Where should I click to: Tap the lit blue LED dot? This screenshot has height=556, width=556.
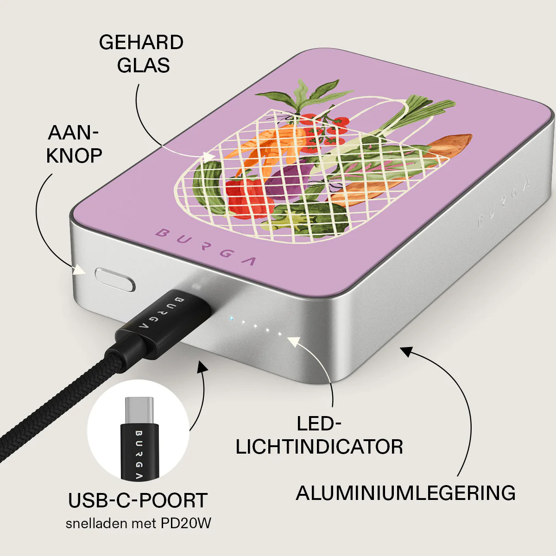tap(231, 318)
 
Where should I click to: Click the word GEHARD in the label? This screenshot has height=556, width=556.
tap(141, 43)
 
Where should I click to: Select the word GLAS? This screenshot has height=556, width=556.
tap(143, 65)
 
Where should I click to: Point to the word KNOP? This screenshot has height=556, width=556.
tap(74, 156)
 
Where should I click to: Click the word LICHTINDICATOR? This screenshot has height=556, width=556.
tap(319, 447)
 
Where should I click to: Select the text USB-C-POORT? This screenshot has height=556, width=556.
tap(138, 500)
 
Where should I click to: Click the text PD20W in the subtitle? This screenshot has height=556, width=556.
tap(186, 523)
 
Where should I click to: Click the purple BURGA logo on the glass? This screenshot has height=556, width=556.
tap(205, 247)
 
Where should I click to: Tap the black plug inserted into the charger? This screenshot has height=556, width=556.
tap(164, 320)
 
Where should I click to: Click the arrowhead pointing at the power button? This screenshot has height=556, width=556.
tap(79, 270)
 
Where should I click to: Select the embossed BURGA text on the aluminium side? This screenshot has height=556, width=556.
tap(504, 202)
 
